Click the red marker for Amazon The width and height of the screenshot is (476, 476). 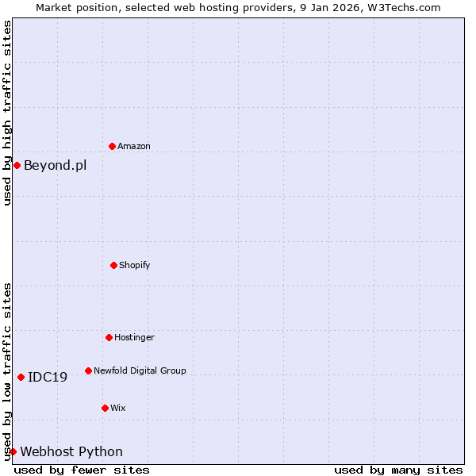(x=112, y=146)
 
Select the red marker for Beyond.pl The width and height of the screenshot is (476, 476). (x=17, y=165)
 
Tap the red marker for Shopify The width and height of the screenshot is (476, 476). (x=113, y=265)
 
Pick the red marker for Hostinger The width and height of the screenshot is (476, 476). (x=109, y=337)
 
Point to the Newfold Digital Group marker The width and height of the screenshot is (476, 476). (x=88, y=370)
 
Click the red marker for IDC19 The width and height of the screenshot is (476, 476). (x=21, y=377)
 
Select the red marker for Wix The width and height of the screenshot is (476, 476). (x=105, y=408)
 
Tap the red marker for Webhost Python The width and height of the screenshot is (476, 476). (x=13, y=451)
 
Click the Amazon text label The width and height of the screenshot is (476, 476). (x=134, y=146)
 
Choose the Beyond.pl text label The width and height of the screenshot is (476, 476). (x=55, y=165)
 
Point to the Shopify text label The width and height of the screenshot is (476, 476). (x=135, y=265)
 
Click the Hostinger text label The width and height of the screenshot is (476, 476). (x=134, y=337)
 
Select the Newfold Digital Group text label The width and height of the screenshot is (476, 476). (x=140, y=370)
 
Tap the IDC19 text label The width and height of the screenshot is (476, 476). (x=48, y=377)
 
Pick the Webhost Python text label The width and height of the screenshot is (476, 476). (x=71, y=451)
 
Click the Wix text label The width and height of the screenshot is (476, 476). (x=117, y=408)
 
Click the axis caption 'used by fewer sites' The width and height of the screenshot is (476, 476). (x=82, y=470)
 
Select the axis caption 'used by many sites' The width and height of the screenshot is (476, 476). (x=398, y=470)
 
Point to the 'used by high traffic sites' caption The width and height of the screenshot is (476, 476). (x=7, y=113)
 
